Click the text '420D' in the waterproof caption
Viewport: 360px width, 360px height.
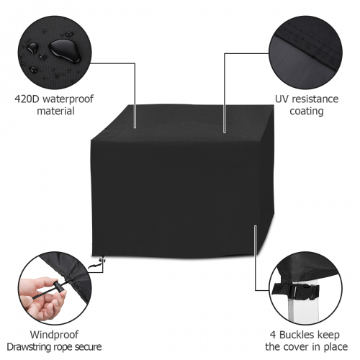[x=27, y=99]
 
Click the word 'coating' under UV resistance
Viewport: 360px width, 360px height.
[x=307, y=112]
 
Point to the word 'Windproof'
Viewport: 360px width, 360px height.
[x=54, y=335]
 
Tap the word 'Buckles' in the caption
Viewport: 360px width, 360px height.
[x=297, y=335]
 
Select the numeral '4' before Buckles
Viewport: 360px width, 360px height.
[x=273, y=335]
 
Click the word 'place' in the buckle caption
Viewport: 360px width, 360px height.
[x=336, y=347]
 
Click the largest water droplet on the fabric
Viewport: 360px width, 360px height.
[x=64, y=51]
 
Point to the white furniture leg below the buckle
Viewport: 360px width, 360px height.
[x=303, y=310]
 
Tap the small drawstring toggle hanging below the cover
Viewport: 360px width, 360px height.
[x=103, y=260]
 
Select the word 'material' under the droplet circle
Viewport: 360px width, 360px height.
[x=55, y=112]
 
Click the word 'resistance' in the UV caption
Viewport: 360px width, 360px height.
[x=315, y=99]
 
